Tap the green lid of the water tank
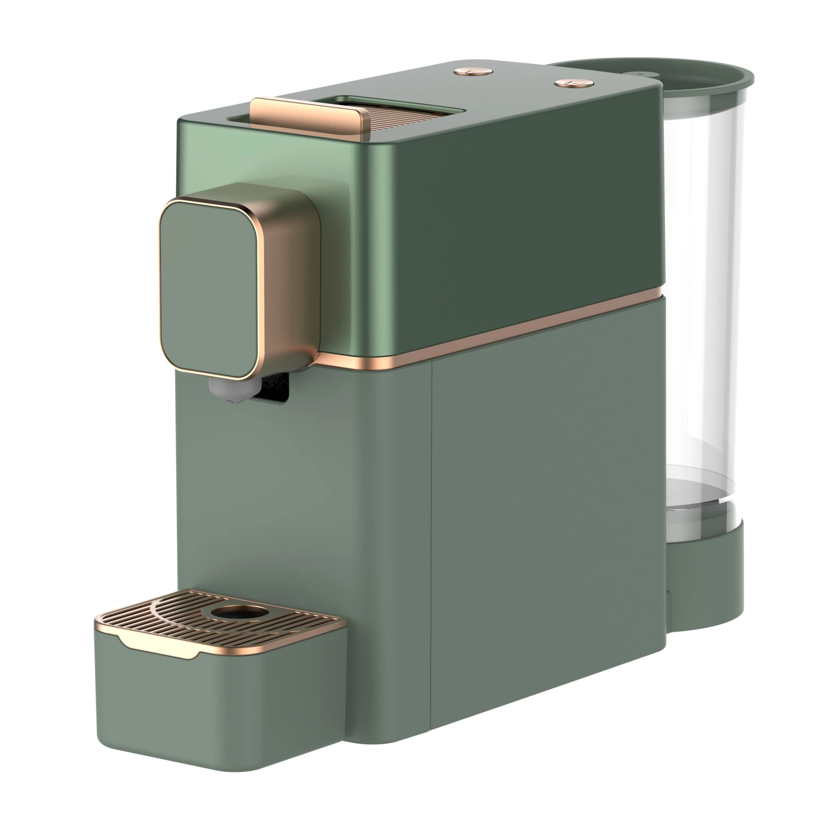(x=700, y=79)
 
